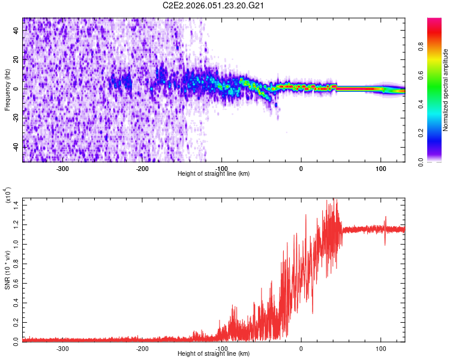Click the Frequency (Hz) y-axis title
point(7,89)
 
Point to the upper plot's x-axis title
point(214,173)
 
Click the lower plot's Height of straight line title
point(214,353)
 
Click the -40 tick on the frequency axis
point(15,147)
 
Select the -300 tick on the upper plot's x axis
point(63,169)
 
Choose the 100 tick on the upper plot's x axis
point(380,169)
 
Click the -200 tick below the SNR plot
point(142,348)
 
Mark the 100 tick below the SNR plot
point(380,348)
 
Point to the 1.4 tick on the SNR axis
point(16,205)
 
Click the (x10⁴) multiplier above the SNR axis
point(8,197)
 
